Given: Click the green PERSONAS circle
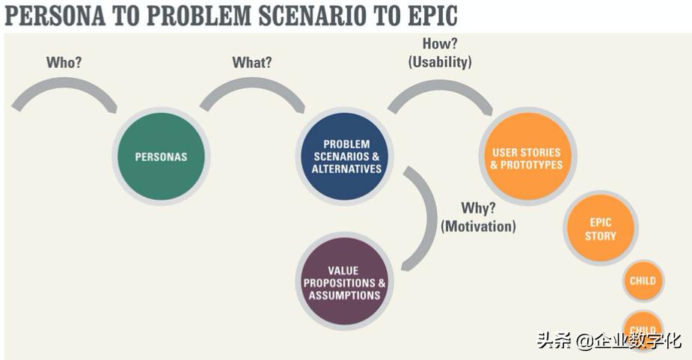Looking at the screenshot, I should pyautogui.click(x=161, y=157).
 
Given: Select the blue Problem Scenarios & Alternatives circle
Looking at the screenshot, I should pyautogui.click(x=345, y=156).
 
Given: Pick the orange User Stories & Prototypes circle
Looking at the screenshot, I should pyautogui.click(x=527, y=158).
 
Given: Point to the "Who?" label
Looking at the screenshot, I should pyautogui.click(x=64, y=62).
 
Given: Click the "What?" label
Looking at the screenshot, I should pyautogui.click(x=252, y=62).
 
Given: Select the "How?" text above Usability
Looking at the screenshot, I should pyautogui.click(x=440, y=44).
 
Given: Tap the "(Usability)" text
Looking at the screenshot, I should pyautogui.click(x=440, y=62).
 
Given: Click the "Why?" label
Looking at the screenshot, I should pyautogui.click(x=478, y=207).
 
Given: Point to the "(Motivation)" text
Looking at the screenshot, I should pyautogui.click(x=478, y=225).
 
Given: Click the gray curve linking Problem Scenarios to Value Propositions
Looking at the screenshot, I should pyautogui.click(x=428, y=217).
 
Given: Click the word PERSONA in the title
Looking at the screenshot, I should pyautogui.click(x=52, y=16).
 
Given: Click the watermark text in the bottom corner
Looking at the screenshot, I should pyautogui.click(x=608, y=341).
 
